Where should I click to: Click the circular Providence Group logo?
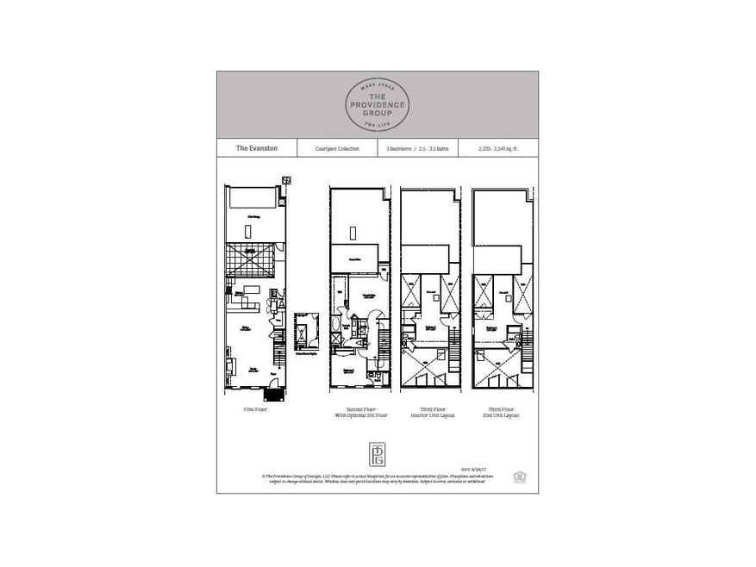point(378,104)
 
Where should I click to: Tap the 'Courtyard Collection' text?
point(336,149)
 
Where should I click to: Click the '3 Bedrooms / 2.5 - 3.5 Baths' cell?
point(417,149)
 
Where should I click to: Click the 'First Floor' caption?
point(254,411)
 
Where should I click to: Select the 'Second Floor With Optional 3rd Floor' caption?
point(359,414)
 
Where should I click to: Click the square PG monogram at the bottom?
point(378,454)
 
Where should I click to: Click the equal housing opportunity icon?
point(519,474)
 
